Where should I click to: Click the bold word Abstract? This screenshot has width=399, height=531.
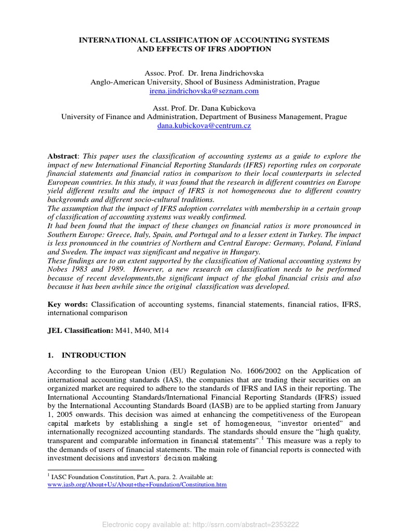pos(62,156)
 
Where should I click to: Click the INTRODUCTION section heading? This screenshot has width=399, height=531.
pos(94,355)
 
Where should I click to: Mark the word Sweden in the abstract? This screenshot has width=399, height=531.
pos(75,251)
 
